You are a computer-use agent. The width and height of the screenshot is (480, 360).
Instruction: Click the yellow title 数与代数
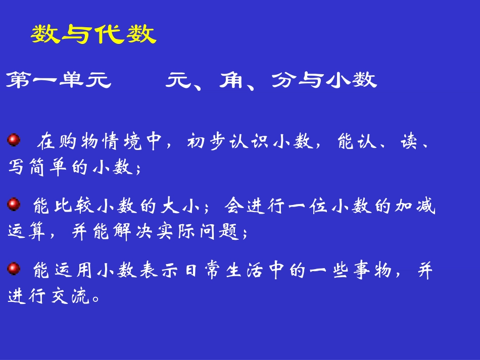tap(93, 35)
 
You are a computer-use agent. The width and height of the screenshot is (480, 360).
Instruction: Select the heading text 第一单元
tap(59, 80)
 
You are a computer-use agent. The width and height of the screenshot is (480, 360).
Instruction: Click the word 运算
tap(29, 233)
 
